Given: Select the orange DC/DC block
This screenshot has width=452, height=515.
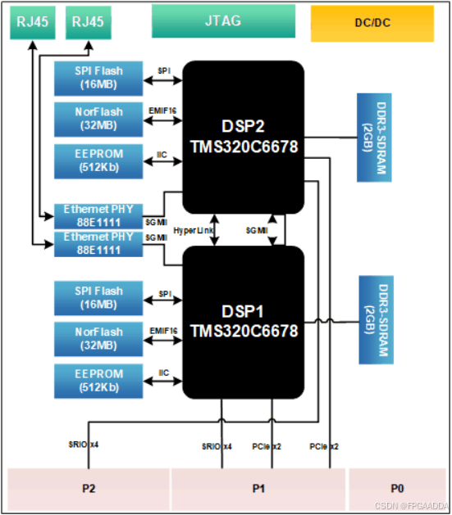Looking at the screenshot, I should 372,23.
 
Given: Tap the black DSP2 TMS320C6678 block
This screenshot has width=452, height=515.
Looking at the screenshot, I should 243,137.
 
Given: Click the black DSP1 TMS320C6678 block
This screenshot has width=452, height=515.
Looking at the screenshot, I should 243,321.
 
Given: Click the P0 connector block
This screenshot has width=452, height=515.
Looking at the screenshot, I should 397,489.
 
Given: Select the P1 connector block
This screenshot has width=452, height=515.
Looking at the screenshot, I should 258,489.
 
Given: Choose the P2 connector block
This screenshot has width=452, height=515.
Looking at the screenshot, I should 89,489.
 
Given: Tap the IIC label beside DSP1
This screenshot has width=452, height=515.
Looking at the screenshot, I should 163,373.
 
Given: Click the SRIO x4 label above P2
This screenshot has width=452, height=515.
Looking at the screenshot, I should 84,445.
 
